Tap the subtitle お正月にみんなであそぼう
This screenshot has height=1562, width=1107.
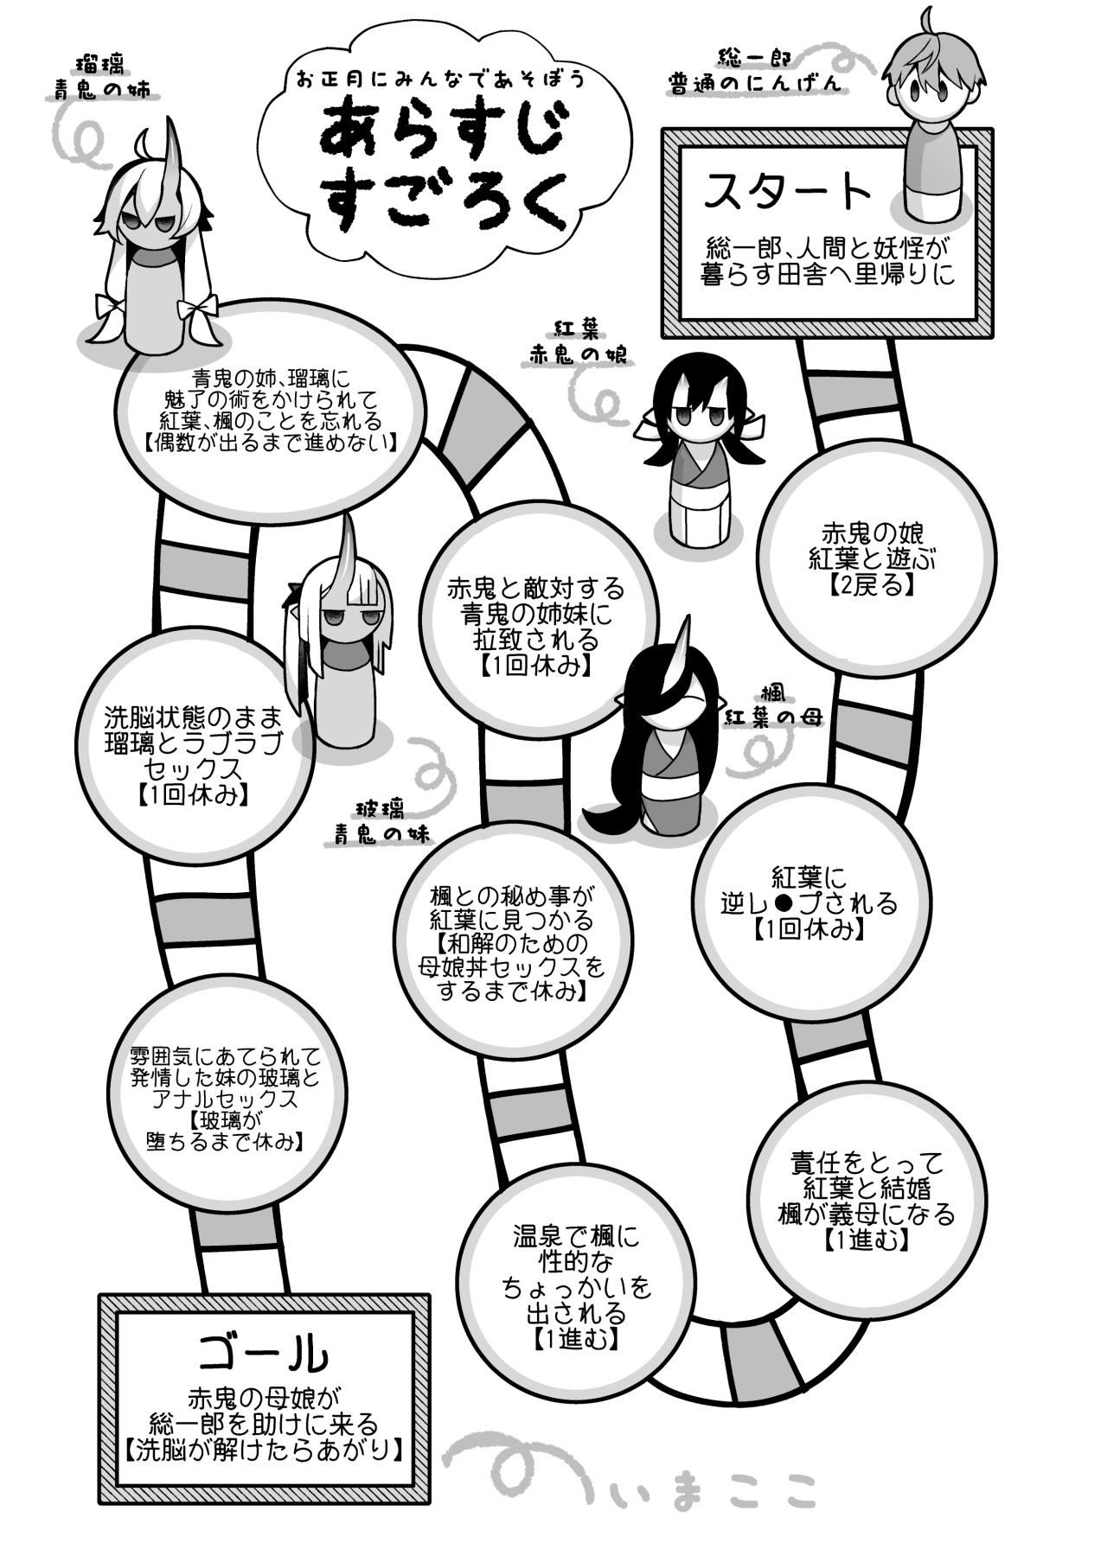(x=441, y=80)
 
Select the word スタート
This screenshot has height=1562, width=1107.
(x=788, y=192)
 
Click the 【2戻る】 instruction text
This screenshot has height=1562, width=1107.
(x=871, y=585)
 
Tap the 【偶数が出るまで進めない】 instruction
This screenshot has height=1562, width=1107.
(x=271, y=443)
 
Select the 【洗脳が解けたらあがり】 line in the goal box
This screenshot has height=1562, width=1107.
(x=263, y=1449)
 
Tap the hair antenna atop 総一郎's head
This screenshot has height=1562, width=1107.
(x=929, y=19)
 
